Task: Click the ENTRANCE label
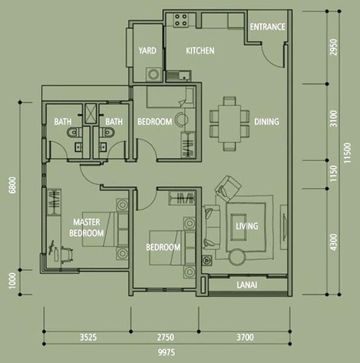click(x=267, y=27)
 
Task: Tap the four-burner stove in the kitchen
click(x=181, y=20)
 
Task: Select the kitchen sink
click(x=178, y=76)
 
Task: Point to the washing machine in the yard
click(x=154, y=74)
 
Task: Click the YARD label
click(x=148, y=50)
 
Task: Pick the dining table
click(x=229, y=123)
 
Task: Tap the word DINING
click(x=266, y=122)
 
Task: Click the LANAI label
click(x=247, y=285)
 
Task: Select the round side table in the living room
click(x=237, y=257)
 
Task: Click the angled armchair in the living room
click(x=228, y=188)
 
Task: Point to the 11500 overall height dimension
click(x=347, y=153)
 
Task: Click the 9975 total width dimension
click(x=166, y=353)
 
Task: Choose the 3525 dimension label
click(x=88, y=338)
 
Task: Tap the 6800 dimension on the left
click(x=13, y=185)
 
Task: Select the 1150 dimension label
click(x=333, y=174)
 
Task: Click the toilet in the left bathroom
click(x=74, y=132)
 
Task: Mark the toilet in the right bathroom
click(x=106, y=132)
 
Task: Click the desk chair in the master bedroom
click(x=67, y=255)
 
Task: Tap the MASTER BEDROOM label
click(x=87, y=227)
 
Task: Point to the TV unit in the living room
click(x=284, y=227)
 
